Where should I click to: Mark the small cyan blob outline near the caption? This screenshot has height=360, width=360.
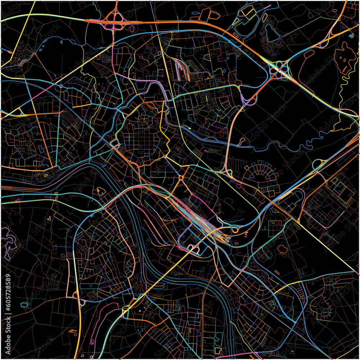(24, 305)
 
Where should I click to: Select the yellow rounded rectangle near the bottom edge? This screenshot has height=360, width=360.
(218, 350)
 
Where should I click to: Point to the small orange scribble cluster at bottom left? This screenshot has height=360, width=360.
(73, 331)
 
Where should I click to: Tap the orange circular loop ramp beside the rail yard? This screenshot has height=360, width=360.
(236, 229)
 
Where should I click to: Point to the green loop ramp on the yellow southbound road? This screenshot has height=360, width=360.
(82, 303)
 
